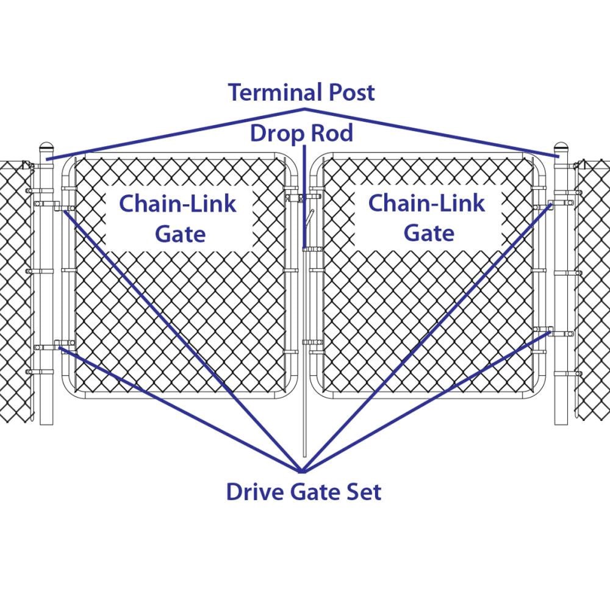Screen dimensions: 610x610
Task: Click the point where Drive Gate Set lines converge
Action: (302, 472)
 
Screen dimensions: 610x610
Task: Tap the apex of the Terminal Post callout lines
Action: (304, 110)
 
